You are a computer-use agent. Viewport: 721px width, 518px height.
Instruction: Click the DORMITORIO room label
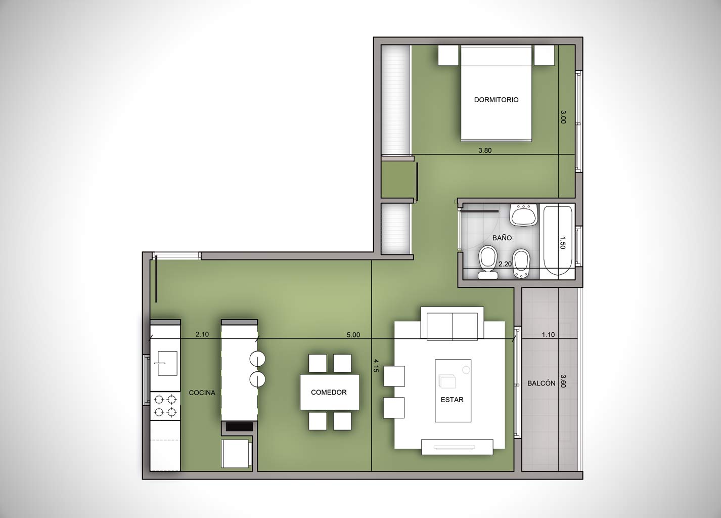click(x=496, y=100)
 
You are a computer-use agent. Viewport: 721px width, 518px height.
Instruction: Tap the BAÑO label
click(x=502, y=238)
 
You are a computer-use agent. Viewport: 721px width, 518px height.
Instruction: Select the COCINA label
click(x=202, y=393)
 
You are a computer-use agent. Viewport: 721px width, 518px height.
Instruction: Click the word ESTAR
click(x=452, y=400)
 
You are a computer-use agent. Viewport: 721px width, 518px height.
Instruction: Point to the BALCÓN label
click(x=541, y=383)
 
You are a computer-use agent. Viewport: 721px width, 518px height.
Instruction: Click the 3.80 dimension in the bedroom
click(x=485, y=150)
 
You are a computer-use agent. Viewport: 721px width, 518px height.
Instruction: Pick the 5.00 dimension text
click(x=353, y=335)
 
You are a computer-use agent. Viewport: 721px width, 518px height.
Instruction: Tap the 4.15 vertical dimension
click(x=375, y=365)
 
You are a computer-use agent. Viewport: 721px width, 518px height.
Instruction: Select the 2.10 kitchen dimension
click(x=202, y=334)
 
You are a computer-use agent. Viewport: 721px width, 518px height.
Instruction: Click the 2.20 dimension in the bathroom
click(x=505, y=264)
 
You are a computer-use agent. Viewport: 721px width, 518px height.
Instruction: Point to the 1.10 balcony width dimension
click(x=548, y=334)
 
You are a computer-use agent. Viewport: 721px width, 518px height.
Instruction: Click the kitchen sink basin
click(x=167, y=363)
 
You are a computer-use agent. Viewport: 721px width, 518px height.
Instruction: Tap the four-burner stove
click(x=165, y=406)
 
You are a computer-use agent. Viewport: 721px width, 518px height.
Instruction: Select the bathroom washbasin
click(x=524, y=214)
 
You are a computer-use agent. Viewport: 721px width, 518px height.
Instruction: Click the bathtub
click(x=558, y=241)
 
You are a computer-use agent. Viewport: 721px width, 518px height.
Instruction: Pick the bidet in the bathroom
click(x=521, y=264)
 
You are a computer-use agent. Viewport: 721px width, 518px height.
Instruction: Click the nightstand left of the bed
click(x=448, y=55)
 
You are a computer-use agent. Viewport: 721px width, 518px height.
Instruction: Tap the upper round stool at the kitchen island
click(x=257, y=358)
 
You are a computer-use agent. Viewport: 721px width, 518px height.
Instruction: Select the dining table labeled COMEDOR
click(x=330, y=392)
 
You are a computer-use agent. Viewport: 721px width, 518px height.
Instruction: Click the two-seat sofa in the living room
click(x=452, y=323)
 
